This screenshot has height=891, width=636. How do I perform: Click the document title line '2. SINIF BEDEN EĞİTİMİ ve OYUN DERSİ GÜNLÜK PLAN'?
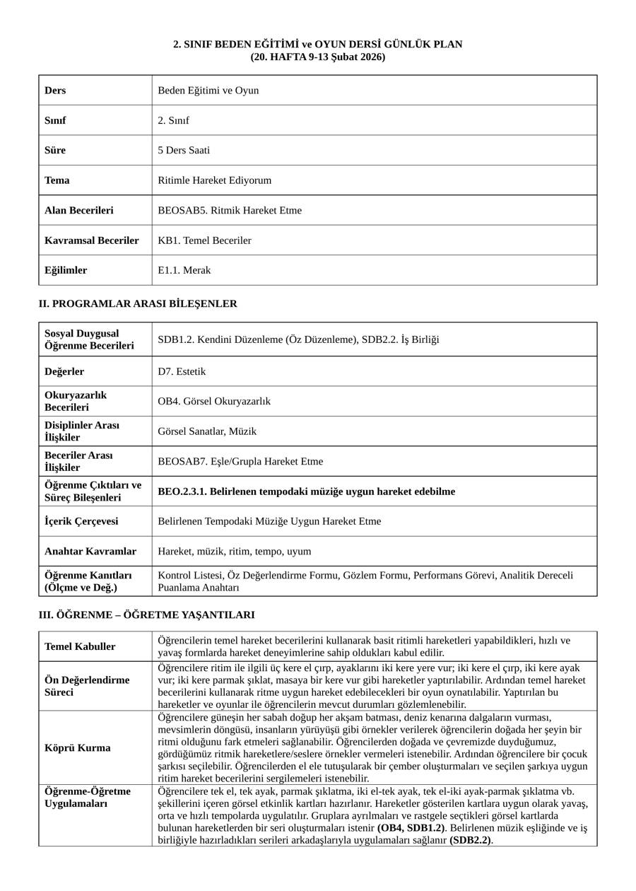click(x=318, y=45)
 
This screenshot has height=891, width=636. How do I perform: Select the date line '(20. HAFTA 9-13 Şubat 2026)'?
click(x=318, y=57)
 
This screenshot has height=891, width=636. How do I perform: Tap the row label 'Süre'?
click(x=55, y=150)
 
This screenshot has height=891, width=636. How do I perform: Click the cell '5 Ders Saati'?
click(x=184, y=150)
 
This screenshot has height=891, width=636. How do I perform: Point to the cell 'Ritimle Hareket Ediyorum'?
click(x=214, y=180)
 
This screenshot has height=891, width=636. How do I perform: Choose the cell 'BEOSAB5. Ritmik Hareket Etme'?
click(x=230, y=210)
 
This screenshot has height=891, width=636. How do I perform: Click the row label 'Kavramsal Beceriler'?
click(x=92, y=240)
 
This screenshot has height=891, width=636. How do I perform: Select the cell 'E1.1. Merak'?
click(x=184, y=270)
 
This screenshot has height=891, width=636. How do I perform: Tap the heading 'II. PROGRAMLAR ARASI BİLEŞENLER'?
click(x=138, y=303)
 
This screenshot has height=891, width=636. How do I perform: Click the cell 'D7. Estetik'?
click(x=182, y=371)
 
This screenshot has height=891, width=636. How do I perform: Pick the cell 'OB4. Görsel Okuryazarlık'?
click(x=214, y=401)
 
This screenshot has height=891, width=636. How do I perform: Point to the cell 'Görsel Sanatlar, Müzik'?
click(x=207, y=431)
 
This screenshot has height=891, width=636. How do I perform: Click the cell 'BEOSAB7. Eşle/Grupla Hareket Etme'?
click(x=240, y=461)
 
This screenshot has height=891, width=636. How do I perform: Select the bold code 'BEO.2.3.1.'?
click(x=182, y=491)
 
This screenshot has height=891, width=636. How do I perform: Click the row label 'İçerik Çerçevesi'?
click(x=81, y=521)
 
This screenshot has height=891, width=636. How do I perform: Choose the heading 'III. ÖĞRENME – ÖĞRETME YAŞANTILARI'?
click(x=146, y=615)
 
